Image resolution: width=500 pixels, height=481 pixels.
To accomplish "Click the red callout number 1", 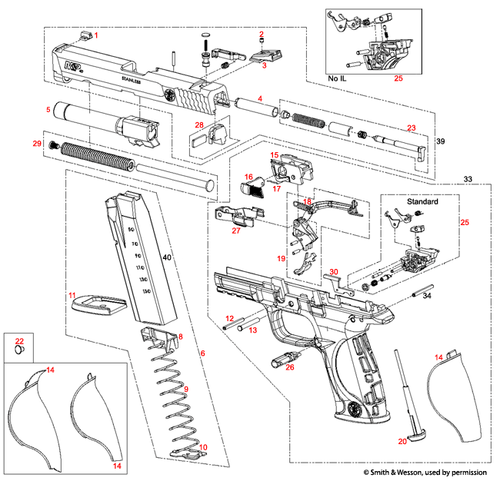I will [x=97, y=35].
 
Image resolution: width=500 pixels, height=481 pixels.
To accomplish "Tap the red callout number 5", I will [x=48, y=110].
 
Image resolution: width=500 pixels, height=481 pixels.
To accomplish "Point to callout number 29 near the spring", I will [x=36, y=144].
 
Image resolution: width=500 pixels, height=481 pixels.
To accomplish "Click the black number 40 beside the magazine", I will [x=166, y=259].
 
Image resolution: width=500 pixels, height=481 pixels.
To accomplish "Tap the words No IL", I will [x=337, y=78].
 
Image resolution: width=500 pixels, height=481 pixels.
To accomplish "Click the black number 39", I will [x=440, y=143].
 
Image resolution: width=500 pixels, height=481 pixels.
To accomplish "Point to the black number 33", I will [x=468, y=178].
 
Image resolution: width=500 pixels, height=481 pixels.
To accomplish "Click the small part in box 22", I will [x=19, y=350].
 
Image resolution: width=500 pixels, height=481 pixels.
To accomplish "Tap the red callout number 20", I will [x=402, y=441].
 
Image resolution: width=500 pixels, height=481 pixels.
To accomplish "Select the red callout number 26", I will [x=289, y=367].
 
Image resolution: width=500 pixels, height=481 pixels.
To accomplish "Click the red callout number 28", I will [x=198, y=124].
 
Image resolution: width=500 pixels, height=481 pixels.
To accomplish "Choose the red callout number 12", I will [x=228, y=318].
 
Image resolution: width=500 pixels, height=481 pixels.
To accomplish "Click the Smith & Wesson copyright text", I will [x=427, y=470].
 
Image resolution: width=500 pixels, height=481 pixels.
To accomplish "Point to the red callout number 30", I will [x=333, y=271].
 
